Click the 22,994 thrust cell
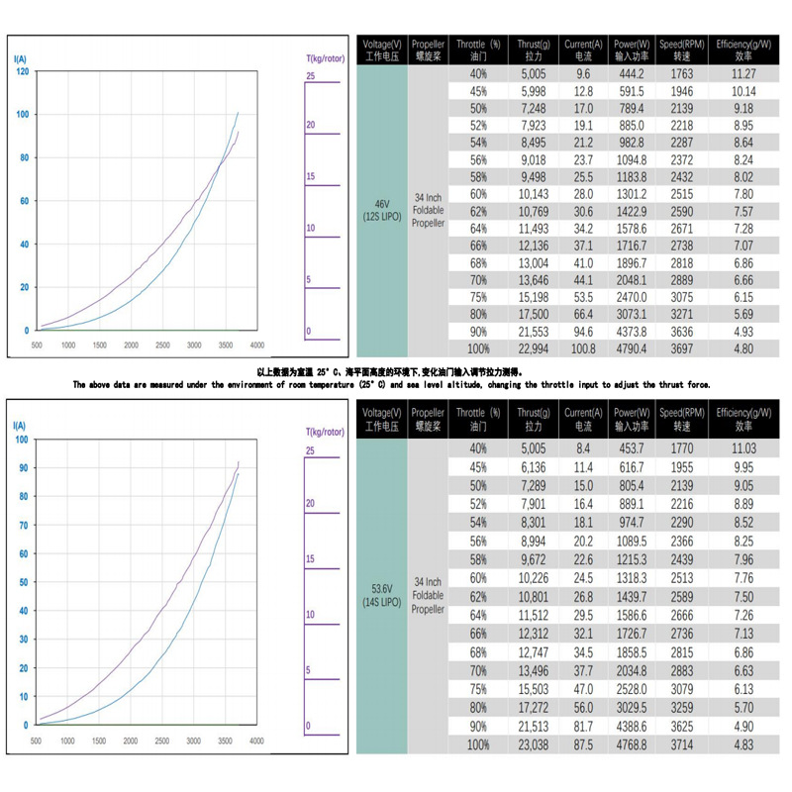[x=533, y=349]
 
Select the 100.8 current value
[x=583, y=349]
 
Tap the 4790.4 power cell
[x=630, y=349]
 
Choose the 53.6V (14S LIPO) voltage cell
[x=381, y=595]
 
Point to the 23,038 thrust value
[x=533, y=743]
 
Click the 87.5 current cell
[x=583, y=743]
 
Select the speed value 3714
[x=682, y=743]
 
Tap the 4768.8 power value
[x=630, y=743]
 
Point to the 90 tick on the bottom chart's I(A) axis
[x=24, y=468]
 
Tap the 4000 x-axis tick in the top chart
[x=256, y=345]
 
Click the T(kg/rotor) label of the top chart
[x=324, y=59]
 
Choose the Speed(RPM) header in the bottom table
[x=682, y=420]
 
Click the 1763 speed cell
[x=682, y=74]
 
